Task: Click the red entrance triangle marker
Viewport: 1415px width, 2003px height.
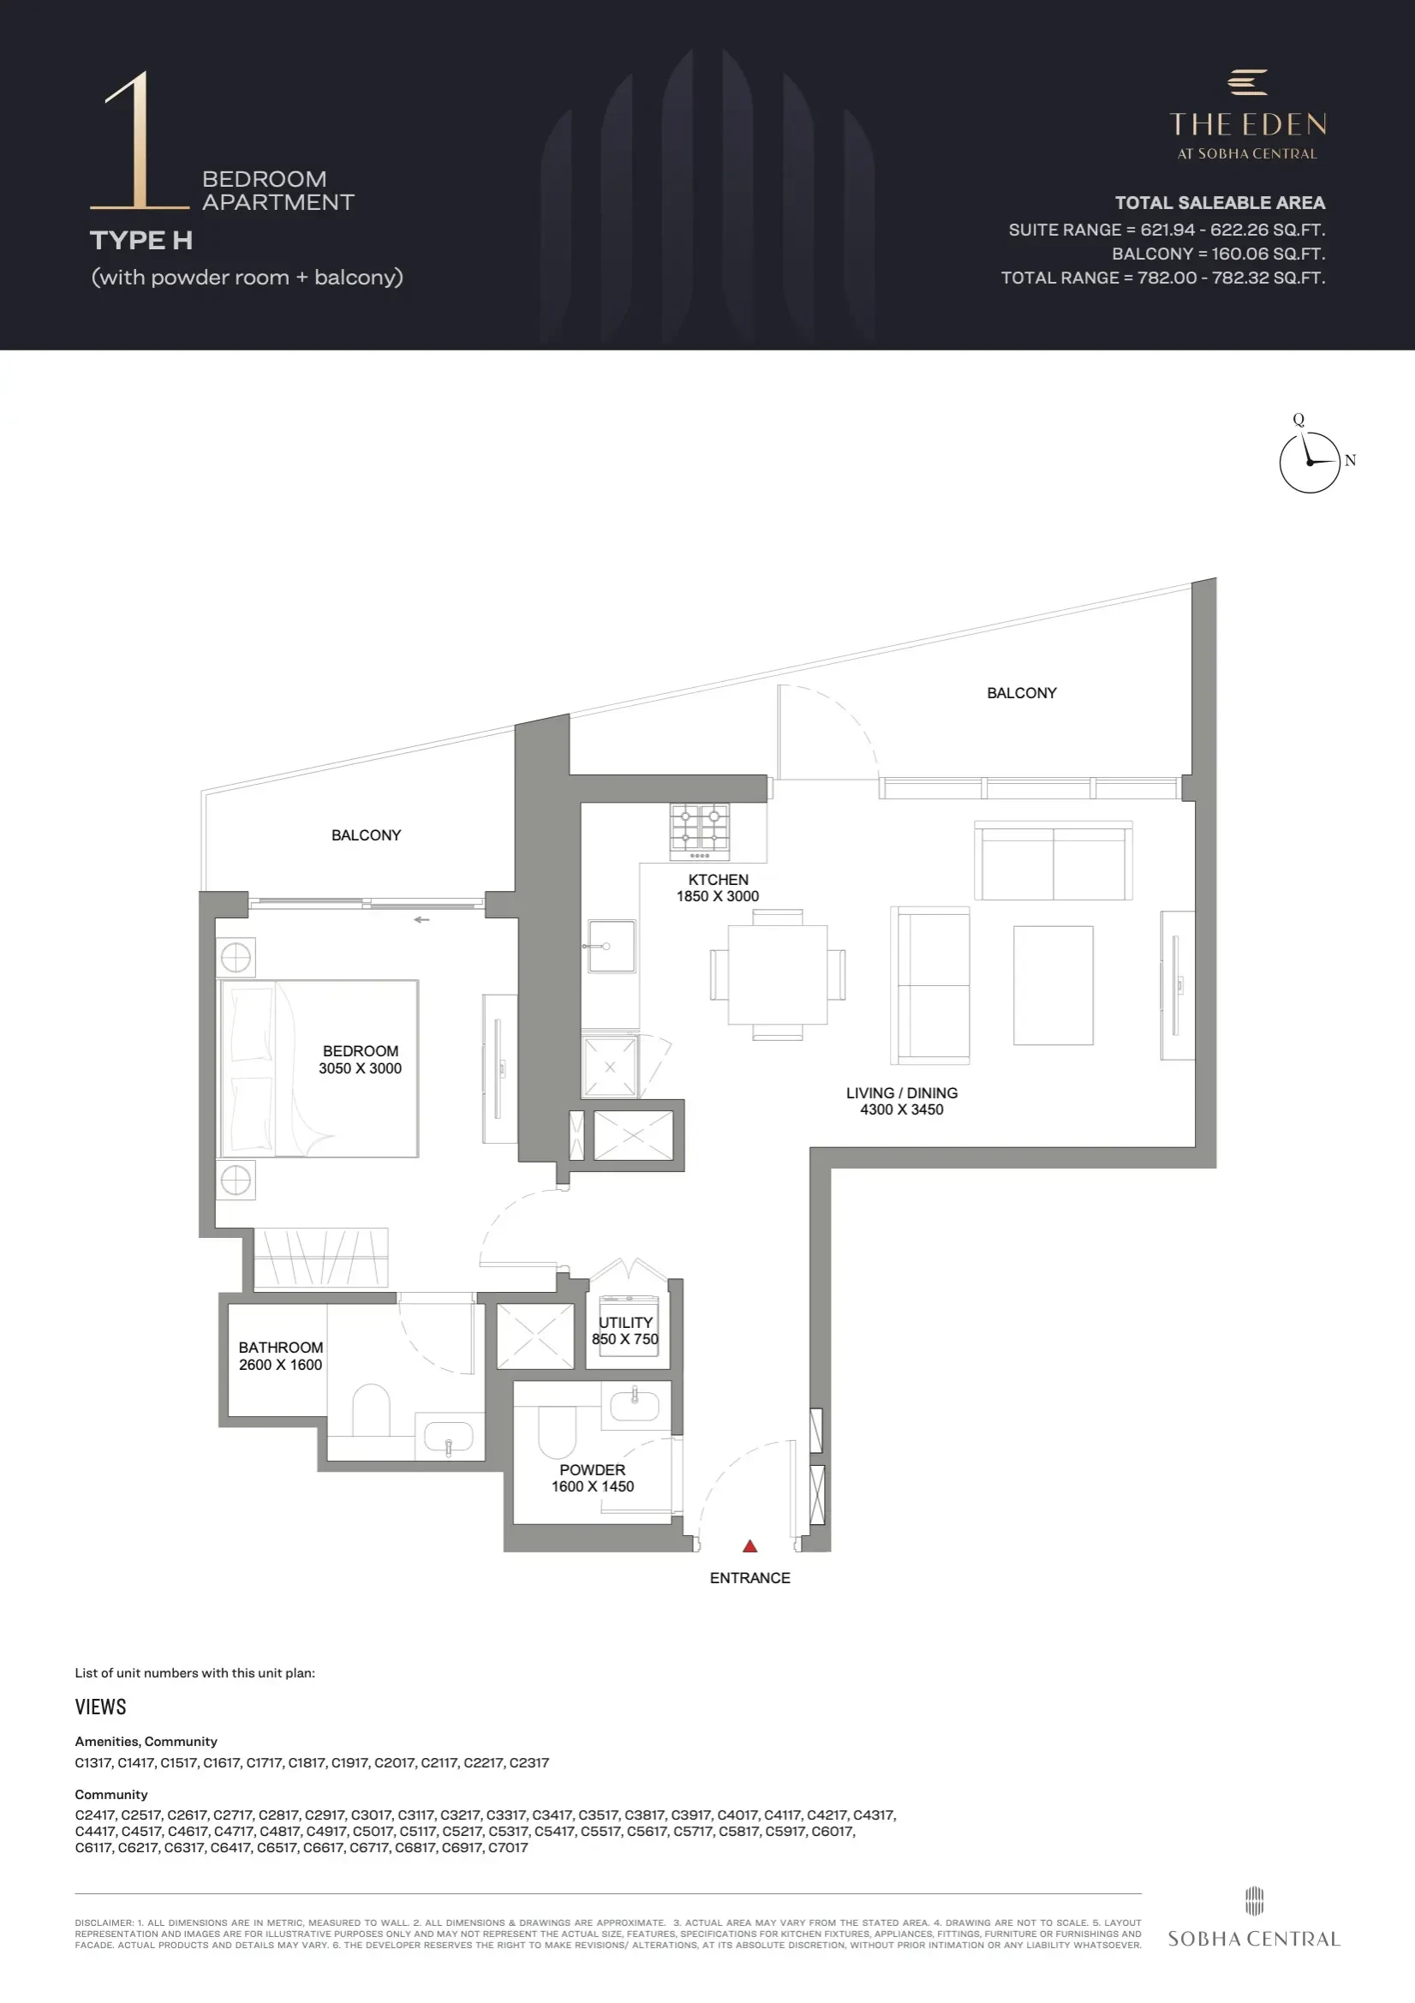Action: (x=749, y=1546)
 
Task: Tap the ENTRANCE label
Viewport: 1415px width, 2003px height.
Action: (x=749, y=1578)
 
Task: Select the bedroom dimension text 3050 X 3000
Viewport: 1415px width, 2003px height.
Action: (x=361, y=1068)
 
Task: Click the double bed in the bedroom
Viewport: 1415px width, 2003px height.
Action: (x=319, y=1068)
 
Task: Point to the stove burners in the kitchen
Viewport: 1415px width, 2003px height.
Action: (x=700, y=826)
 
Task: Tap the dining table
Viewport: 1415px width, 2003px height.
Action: (x=777, y=974)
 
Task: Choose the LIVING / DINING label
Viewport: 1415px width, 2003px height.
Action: (x=902, y=1093)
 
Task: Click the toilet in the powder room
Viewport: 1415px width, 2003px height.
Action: (x=558, y=1432)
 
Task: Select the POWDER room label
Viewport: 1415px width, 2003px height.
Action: (x=593, y=1470)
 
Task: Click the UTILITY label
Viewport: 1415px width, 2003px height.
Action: (x=625, y=1323)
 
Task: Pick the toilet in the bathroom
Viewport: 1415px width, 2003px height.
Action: (x=371, y=1410)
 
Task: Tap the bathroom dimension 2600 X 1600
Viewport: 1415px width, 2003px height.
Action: (x=281, y=1366)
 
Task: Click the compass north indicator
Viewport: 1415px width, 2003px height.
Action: (x=1351, y=461)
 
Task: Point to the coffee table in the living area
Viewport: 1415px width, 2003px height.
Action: (x=1053, y=985)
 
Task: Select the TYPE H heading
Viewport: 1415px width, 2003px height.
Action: (x=141, y=240)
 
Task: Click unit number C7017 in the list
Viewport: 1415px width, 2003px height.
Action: (x=508, y=1847)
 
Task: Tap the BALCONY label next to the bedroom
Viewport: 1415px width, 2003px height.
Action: (x=367, y=836)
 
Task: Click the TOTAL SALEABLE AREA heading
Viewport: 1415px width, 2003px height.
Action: (x=1220, y=203)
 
